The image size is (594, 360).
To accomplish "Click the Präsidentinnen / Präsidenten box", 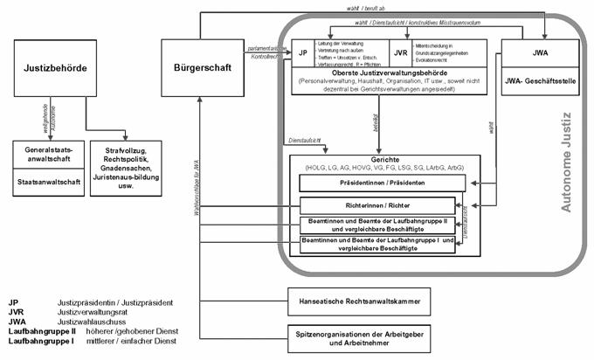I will tap(377, 183).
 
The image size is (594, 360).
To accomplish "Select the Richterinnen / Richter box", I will tap(377, 206).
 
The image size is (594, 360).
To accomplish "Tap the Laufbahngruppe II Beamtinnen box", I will tap(377, 225).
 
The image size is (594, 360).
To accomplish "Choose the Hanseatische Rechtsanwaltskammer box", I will tap(354, 303).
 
